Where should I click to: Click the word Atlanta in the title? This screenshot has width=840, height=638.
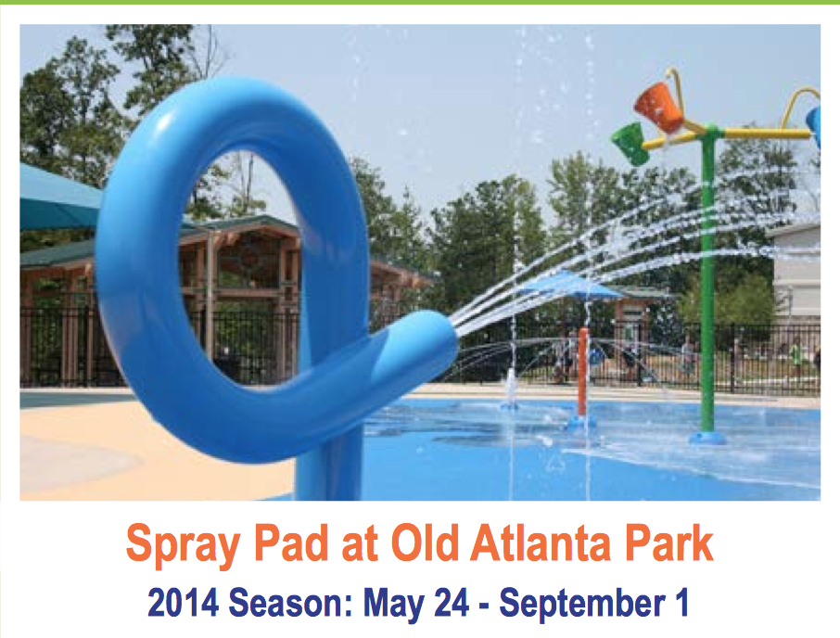click(x=540, y=542)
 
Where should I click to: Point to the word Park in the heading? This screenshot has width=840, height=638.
click(x=668, y=542)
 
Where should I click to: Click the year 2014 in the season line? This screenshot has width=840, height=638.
click(x=184, y=603)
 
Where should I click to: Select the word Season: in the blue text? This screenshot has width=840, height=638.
click(x=290, y=603)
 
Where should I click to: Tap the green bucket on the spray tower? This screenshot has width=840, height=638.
click(x=632, y=144)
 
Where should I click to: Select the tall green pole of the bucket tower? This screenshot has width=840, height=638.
click(x=707, y=278)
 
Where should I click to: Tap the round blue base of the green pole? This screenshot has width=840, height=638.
click(x=707, y=438)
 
